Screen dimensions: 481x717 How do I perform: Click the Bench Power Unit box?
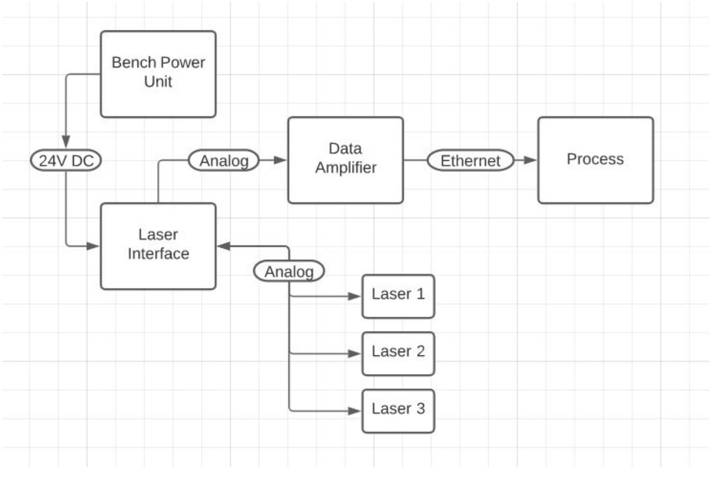158,74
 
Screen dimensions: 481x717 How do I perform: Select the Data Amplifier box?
346,160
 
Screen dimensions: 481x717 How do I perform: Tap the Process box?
596,160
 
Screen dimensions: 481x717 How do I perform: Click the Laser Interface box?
158,246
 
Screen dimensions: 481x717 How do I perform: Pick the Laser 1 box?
398,296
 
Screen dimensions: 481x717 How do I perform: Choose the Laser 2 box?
398,353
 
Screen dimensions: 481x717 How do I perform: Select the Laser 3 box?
398,410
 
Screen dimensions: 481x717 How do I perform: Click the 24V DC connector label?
66,161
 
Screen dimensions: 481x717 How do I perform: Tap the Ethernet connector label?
470,160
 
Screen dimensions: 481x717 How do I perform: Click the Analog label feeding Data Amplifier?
223,160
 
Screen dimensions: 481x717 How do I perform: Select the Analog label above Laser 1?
288,271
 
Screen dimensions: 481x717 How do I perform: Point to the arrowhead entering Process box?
531,160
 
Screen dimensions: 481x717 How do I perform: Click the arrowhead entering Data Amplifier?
281,160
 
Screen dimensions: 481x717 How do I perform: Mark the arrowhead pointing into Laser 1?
355,296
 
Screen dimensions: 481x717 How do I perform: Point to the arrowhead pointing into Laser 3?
355,411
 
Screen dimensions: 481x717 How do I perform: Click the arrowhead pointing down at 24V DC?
66,142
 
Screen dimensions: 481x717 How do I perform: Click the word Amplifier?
346,167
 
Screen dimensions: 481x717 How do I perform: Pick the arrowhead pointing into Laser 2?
355,354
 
